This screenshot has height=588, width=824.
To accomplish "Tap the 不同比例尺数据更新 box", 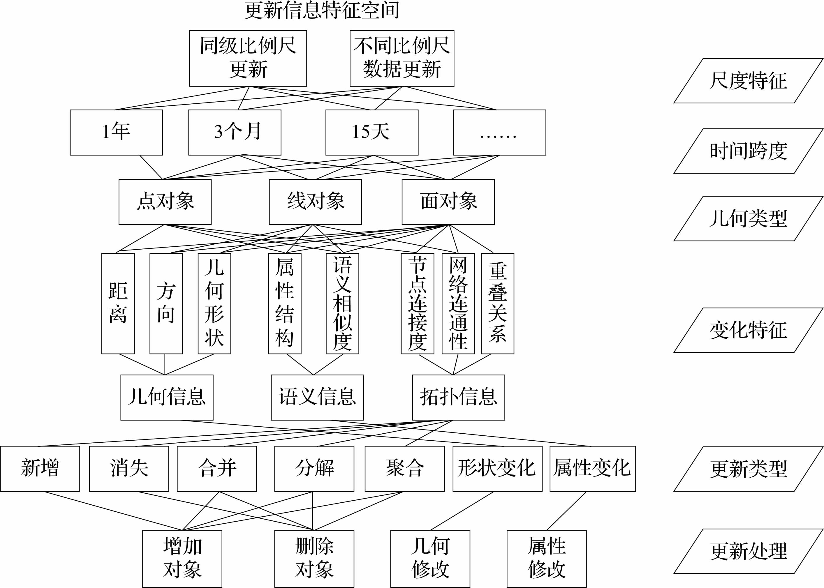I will click(402, 58).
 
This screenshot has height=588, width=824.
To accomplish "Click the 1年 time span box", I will click(116, 133).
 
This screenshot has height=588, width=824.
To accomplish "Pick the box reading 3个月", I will click(235, 133).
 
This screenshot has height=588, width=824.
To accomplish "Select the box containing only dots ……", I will click(499, 133).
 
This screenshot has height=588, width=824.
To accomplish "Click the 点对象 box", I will click(165, 202).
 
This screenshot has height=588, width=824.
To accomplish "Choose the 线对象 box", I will click(315, 202).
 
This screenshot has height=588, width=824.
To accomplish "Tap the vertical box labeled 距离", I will click(118, 303).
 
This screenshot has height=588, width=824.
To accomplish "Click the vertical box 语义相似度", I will click(342, 303).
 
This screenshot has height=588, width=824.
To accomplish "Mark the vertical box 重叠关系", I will click(497, 303).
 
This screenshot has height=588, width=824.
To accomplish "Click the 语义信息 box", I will click(317, 397).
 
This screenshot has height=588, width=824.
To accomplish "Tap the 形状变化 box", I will click(497, 469).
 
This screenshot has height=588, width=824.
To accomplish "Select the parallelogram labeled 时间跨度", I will click(748, 151).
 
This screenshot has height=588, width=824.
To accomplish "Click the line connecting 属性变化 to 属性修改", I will click(566, 511).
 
